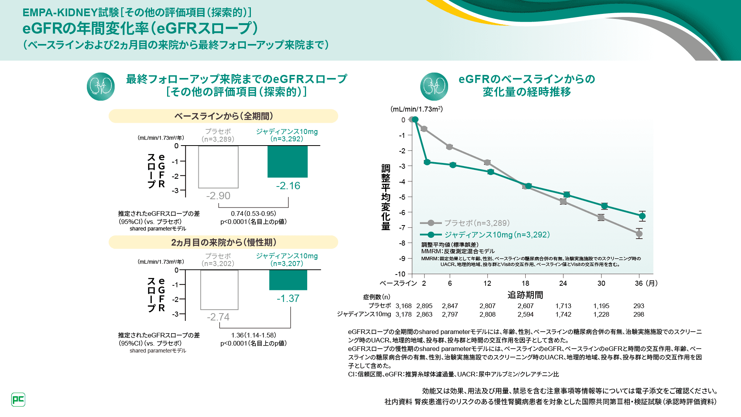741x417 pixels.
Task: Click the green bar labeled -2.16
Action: [288, 161]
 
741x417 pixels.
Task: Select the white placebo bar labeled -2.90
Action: [218, 167]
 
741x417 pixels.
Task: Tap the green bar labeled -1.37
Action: [288, 280]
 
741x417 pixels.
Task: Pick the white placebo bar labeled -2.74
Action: [219, 290]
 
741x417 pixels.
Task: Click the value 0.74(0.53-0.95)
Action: [254, 214]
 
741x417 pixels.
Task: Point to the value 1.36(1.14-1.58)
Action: [254, 335]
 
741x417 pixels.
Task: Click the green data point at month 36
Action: [642, 216]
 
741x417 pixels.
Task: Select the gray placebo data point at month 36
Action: [639, 234]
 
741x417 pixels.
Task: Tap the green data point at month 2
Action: [427, 162]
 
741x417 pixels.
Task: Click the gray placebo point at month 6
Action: [450, 147]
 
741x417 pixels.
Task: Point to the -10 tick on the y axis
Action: [400, 274]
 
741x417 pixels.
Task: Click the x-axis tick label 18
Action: [525, 283]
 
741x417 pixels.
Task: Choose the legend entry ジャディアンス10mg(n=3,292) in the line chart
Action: [497, 235]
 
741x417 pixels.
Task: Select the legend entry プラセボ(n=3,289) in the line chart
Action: [477, 223]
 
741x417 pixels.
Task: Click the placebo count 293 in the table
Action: [639, 306]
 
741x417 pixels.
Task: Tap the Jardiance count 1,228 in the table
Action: [601, 314]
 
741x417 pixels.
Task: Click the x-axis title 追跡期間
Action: [525, 295]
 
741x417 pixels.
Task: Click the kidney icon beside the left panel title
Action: [101, 86]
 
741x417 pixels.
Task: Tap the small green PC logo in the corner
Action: [18, 400]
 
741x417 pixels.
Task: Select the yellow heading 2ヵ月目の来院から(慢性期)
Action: [223, 242]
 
